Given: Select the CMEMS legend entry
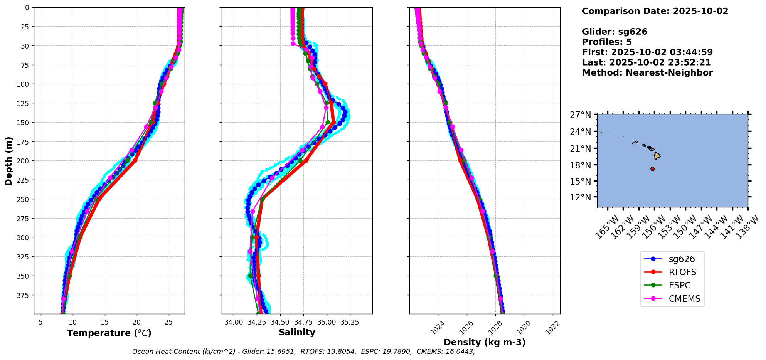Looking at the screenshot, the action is click(672, 299).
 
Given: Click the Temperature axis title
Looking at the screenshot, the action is click(109, 333).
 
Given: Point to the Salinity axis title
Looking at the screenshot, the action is click(297, 332).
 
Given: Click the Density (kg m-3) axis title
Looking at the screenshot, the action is click(485, 342).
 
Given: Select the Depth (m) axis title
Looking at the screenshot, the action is click(8, 161).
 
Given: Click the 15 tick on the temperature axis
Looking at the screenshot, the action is click(104, 322).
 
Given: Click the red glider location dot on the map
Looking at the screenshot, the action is click(652, 169).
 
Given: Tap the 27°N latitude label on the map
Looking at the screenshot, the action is click(581, 115).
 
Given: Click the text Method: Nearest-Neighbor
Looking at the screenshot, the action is click(647, 73).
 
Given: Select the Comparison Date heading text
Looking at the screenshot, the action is click(655, 11).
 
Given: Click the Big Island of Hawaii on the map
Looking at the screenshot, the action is click(657, 156).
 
